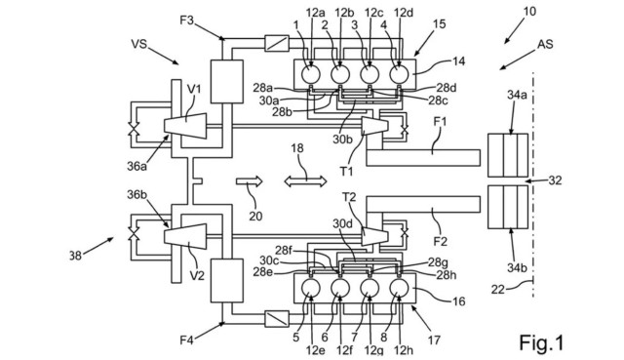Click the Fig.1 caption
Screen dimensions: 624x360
[x=542, y=342]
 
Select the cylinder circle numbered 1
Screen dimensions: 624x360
[x=311, y=74]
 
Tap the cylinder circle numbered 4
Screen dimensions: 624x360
[x=399, y=74]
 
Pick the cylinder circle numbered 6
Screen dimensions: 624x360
[x=340, y=288]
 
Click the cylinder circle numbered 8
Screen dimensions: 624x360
[x=399, y=288]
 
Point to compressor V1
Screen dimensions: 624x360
[x=185, y=126]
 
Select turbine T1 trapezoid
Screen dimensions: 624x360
[x=374, y=126]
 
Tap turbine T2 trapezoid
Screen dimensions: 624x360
[x=374, y=236]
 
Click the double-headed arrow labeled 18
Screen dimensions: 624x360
[x=305, y=181]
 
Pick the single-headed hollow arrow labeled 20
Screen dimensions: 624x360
[x=250, y=181]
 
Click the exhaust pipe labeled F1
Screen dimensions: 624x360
[x=423, y=158]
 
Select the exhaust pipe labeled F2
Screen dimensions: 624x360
[x=423, y=204]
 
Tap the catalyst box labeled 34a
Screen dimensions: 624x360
[x=508, y=155]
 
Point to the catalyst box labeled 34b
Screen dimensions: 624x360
[x=508, y=207]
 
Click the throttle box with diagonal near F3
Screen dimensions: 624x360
[x=277, y=43]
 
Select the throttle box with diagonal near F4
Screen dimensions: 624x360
[x=277, y=319]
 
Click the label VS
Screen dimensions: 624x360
[x=138, y=43]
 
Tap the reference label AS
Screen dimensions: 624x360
[x=545, y=44]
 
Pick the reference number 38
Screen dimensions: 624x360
[x=75, y=256]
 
